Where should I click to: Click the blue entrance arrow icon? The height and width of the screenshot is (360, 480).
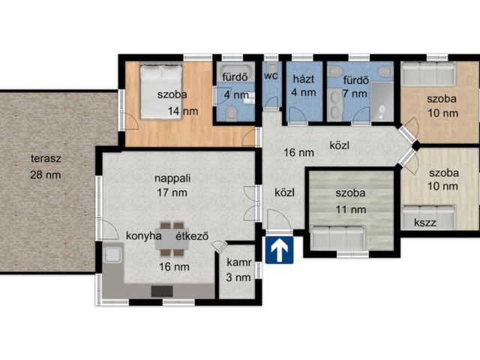(279, 250)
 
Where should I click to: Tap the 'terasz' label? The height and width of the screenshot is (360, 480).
(46, 158)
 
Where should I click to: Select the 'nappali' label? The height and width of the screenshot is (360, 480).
(172, 178)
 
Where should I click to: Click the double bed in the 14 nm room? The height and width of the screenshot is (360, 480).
(161, 91)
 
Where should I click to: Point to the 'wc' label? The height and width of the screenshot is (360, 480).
(271, 75)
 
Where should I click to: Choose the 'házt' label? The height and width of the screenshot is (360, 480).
(303, 79)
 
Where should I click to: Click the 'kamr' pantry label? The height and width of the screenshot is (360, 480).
(239, 262)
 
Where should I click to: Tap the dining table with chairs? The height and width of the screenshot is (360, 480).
(172, 238)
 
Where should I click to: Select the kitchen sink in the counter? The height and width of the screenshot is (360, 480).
(113, 255)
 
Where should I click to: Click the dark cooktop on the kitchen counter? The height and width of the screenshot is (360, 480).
(162, 292)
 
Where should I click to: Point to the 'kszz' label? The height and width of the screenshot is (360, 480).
(425, 222)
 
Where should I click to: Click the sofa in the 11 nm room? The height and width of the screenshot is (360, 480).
(337, 238)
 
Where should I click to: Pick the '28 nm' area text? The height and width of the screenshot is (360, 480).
(45, 175)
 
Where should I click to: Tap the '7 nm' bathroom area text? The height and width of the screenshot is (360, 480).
(355, 94)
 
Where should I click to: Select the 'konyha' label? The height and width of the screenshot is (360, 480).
(144, 236)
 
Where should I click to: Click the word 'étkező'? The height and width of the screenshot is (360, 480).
(192, 236)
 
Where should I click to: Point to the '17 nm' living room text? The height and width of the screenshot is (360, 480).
(172, 193)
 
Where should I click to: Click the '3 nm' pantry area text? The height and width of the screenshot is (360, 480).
(238, 277)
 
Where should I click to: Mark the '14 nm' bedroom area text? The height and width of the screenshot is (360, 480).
(183, 111)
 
